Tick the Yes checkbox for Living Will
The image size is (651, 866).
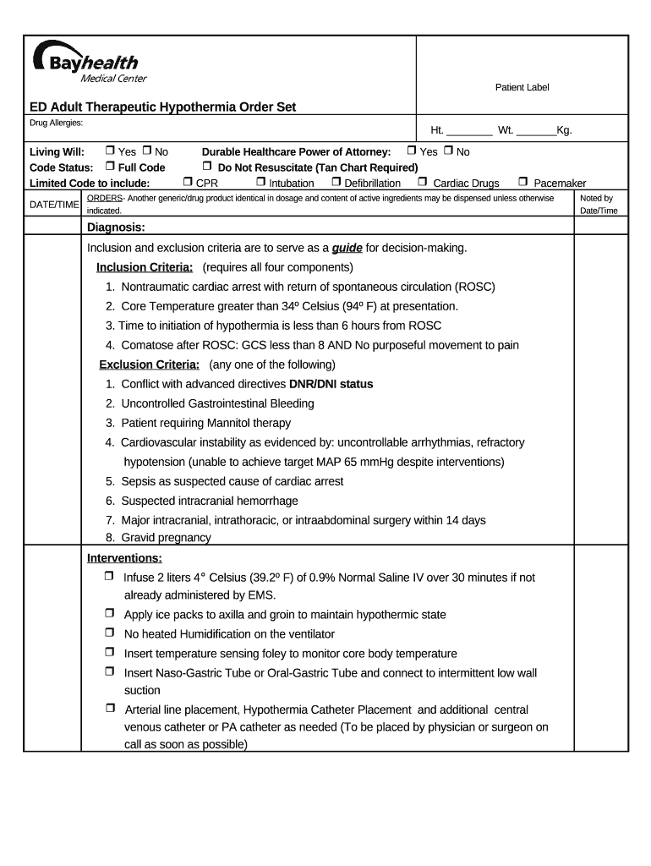coord(110,151)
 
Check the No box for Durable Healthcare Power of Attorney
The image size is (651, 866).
coord(448,151)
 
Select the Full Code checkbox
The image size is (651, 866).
coord(110,167)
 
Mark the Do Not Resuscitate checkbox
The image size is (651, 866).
coord(206,167)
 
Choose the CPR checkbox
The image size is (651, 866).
coord(188,182)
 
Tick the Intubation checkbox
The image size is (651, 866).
coord(260,182)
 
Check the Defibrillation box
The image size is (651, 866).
coord(336,182)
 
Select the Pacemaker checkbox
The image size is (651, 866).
coord(522,182)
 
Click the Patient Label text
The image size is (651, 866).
coord(522,88)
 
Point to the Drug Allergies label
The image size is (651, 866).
coord(56,123)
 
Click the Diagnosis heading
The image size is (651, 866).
coord(116,227)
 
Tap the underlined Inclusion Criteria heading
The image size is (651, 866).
coord(145,267)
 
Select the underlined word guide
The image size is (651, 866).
coord(347,248)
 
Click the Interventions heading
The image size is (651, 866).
coord(124,558)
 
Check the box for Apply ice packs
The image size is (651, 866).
coord(110,613)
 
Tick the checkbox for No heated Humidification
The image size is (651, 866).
coord(110,633)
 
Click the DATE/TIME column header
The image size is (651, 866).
coord(54,205)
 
